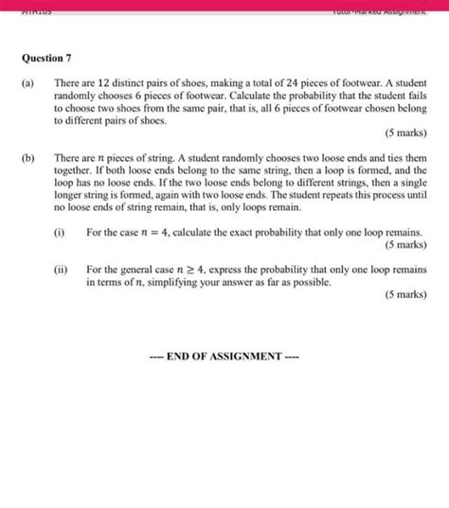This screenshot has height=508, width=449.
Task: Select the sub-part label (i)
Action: tap(61, 231)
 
